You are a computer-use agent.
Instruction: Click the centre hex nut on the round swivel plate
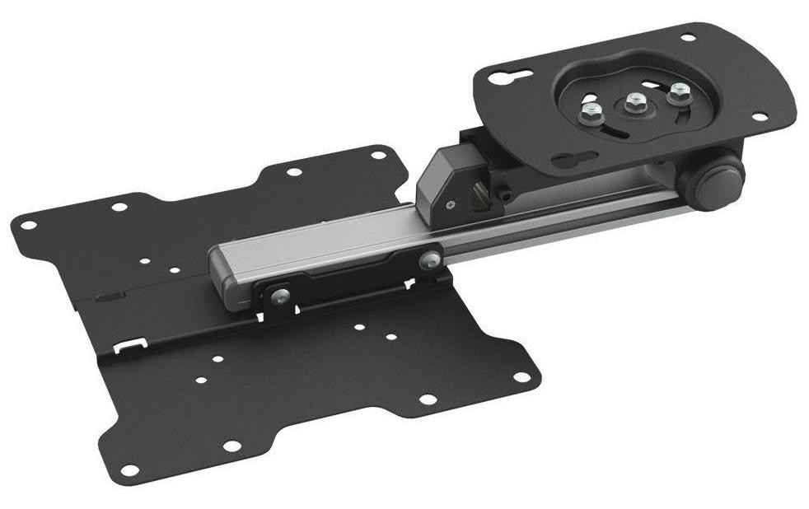(634, 102)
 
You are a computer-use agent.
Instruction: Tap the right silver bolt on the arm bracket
(428, 261)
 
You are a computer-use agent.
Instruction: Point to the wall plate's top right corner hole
(686, 37)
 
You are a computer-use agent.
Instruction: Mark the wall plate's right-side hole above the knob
(759, 116)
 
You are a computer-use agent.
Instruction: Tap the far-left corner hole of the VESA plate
(27, 224)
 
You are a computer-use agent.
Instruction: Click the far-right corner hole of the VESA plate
(521, 377)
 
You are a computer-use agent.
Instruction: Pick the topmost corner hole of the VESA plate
(377, 154)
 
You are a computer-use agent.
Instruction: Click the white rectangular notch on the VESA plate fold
(130, 344)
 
